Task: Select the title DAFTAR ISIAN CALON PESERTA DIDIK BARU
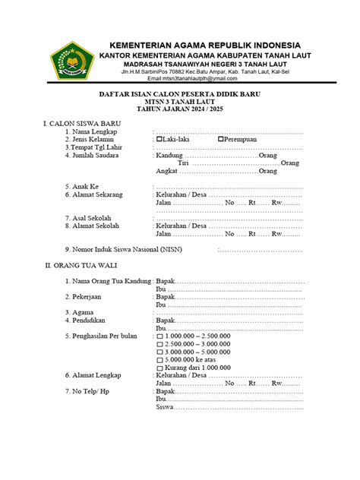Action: [x=181, y=93]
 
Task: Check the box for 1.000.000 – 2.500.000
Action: [x=159, y=335]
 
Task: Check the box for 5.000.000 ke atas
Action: [x=159, y=360]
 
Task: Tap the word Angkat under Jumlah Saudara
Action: [x=168, y=171]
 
